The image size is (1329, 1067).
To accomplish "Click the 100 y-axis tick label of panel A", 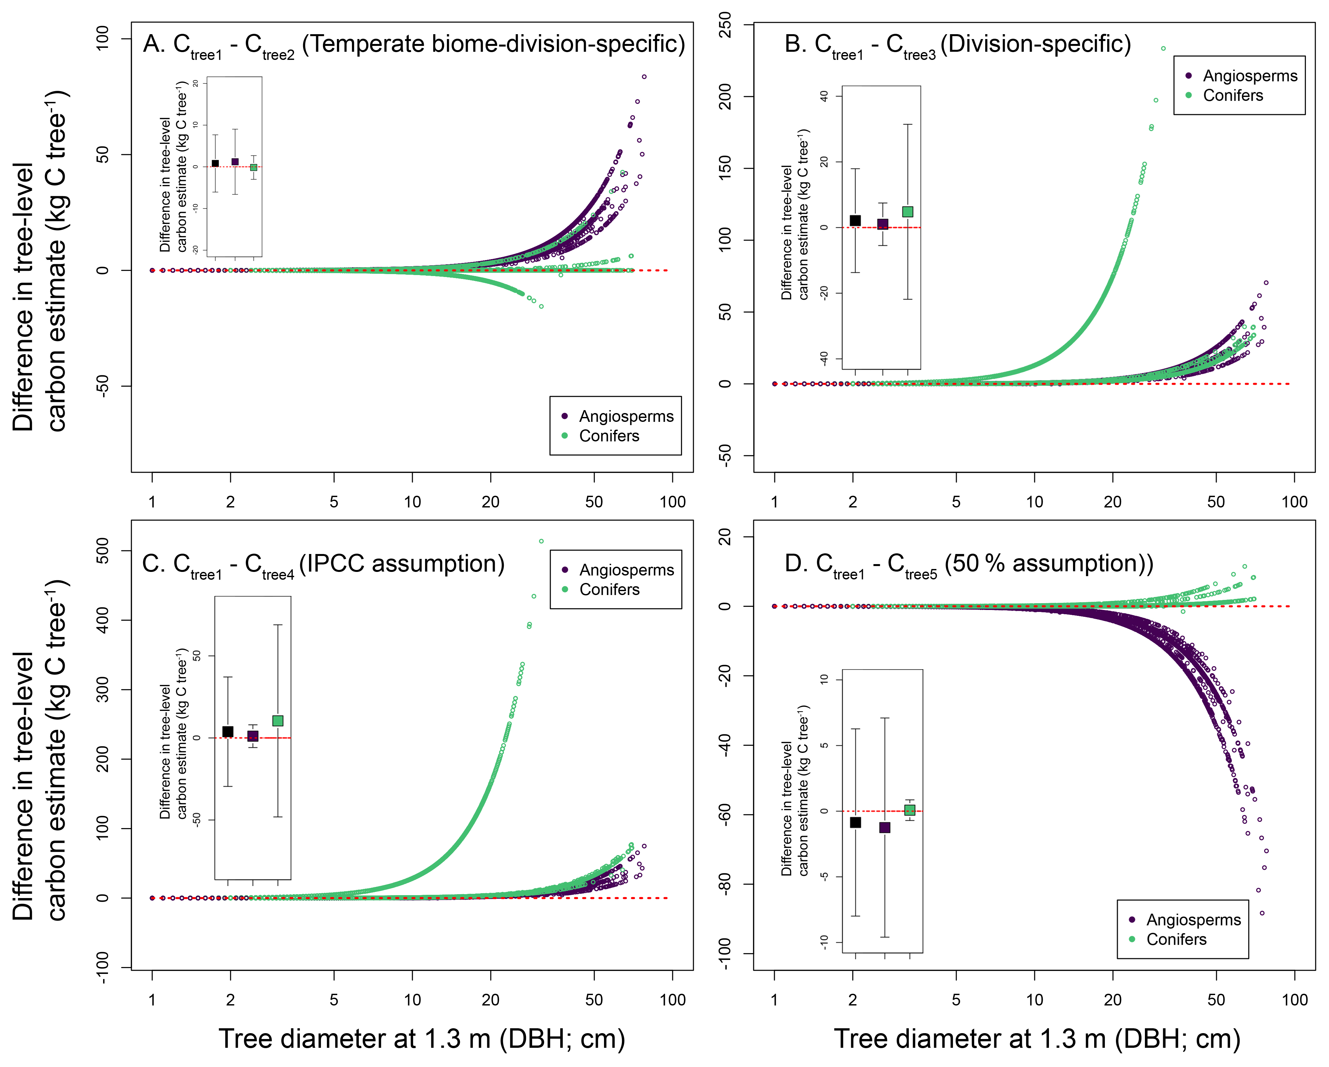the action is [102, 38].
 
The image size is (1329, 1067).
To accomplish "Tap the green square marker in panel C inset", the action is [278, 721].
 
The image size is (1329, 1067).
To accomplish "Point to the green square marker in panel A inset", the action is [253, 167].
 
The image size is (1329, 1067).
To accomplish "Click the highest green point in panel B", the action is [1163, 48].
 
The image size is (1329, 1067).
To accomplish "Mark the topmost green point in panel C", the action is [541, 542].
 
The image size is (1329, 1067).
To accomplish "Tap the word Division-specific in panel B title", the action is [1036, 44].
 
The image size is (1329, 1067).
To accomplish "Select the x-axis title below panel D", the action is [1038, 1039].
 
